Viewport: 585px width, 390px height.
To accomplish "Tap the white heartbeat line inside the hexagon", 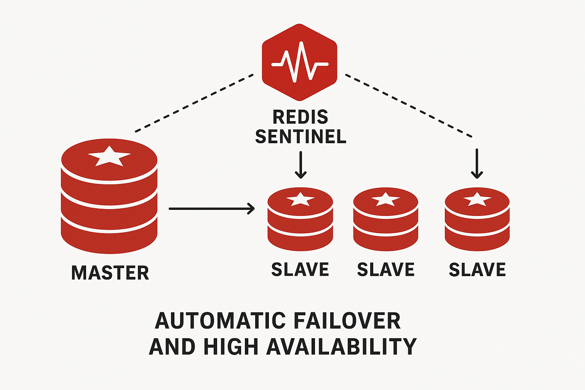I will (x=300, y=63).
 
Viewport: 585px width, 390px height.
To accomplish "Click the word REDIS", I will (x=300, y=117).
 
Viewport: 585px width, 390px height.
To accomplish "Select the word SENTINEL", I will (x=300, y=136).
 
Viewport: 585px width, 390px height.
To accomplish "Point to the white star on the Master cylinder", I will (x=109, y=156).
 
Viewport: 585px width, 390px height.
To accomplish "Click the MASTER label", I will (x=110, y=273).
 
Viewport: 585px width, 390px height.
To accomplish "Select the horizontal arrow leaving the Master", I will (x=211, y=208).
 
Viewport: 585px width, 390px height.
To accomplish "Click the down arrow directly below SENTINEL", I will (x=300, y=165).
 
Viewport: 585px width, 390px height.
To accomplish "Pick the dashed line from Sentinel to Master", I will (x=194, y=103).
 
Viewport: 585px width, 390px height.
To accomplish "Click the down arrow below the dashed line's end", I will (x=477, y=164).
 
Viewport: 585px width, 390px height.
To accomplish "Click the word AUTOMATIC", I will (x=220, y=321).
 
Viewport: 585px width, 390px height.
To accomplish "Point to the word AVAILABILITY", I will (x=341, y=347).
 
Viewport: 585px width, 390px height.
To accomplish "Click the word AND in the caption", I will (x=172, y=347).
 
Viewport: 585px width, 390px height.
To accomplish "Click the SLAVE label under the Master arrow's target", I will (x=300, y=270).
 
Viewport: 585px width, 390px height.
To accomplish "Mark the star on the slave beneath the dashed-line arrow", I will (x=477, y=199).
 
